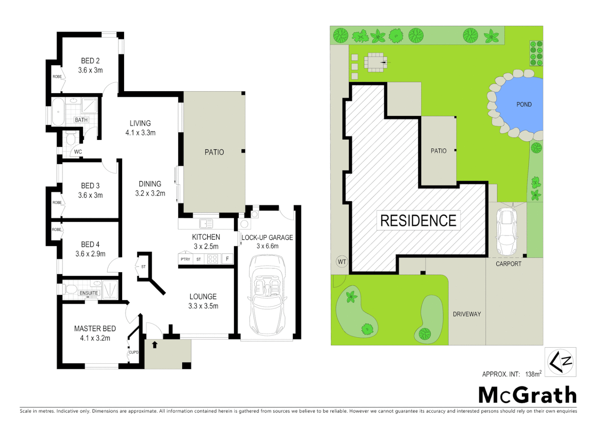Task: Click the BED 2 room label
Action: tap(90, 61)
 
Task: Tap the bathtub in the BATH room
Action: tap(58, 111)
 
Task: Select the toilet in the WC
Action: tap(71, 138)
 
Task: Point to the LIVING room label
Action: tap(140, 123)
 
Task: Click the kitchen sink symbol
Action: tap(206, 224)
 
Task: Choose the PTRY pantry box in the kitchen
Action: tap(185, 259)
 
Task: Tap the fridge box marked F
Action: tap(227, 259)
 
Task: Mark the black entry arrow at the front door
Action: tap(154, 345)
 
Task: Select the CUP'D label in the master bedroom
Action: tap(133, 352)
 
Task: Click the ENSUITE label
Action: tap(89, 293)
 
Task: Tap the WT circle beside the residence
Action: tap(342, 262)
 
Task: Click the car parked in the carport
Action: tap(506, 232)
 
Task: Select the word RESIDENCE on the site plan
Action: tap(418, 221)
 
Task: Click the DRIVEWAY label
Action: tap(467, 314)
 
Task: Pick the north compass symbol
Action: tap(561, 362)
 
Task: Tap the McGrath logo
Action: tap(527, 395)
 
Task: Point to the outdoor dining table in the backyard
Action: tap(375, 62)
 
